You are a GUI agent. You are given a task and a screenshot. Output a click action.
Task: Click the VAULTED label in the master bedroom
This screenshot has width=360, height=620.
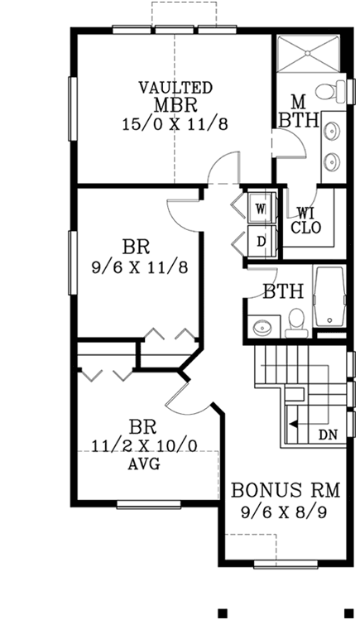pos(175,87)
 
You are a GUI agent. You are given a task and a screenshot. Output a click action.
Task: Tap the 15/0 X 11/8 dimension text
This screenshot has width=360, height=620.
pos(175,124)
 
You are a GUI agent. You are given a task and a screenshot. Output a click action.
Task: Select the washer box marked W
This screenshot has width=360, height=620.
pos(259,208)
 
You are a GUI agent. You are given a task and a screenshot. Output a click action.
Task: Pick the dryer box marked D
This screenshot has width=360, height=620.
pos(259,242)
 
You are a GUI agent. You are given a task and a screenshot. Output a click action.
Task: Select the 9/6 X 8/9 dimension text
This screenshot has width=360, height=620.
pos(288,511)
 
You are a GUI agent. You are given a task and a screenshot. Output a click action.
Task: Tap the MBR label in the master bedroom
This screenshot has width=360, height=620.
pos(175,105)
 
